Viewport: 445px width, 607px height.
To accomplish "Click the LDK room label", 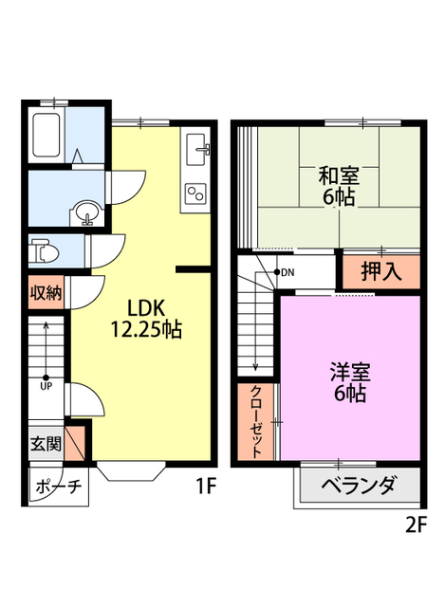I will point(147,308).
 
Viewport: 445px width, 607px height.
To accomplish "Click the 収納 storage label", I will point(45,293).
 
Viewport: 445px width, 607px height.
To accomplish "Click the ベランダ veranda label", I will point(358,486).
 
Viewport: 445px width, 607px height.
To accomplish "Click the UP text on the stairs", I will point(45,386).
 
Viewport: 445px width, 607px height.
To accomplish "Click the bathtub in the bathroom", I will point(47,135).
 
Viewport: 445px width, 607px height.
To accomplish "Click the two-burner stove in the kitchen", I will point(197,193).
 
